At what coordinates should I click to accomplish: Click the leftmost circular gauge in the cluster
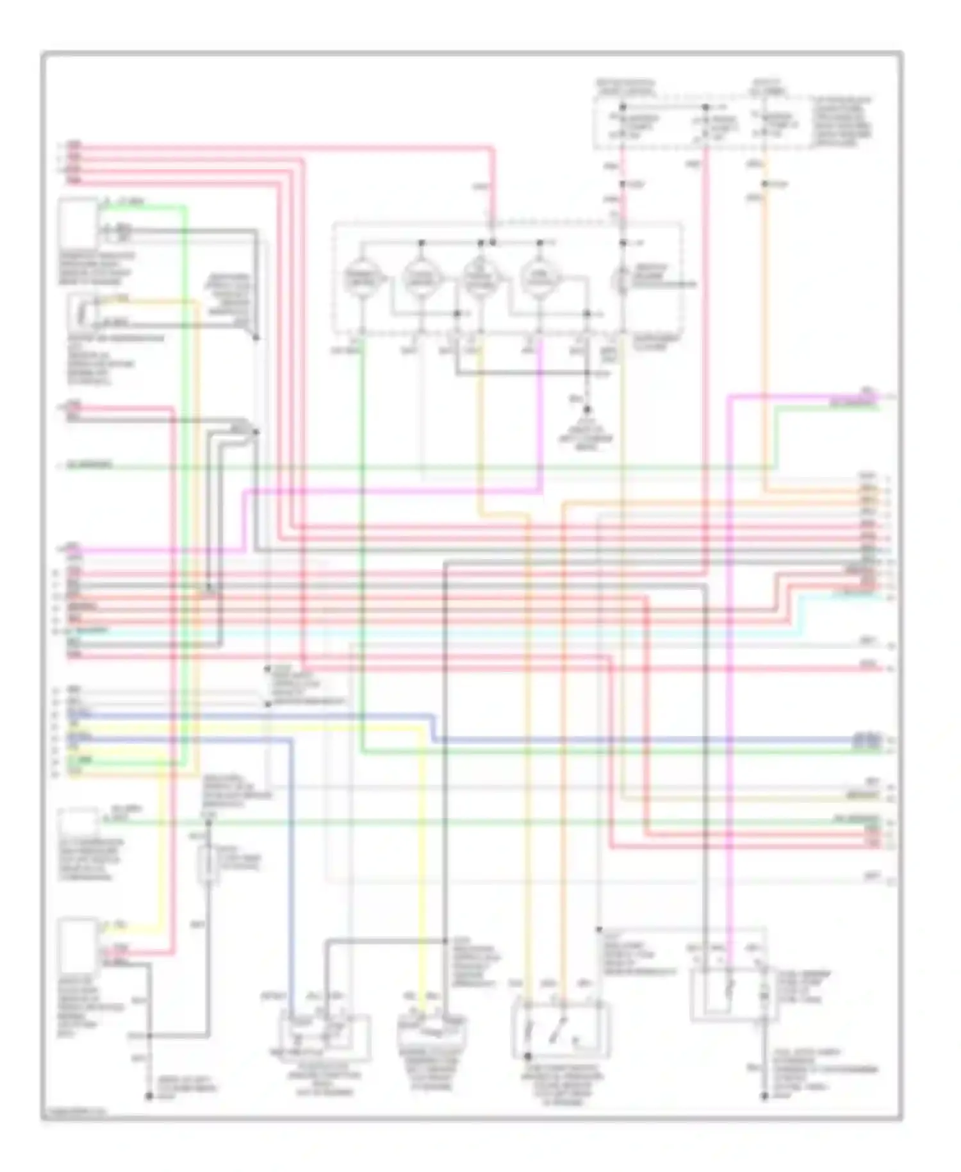361,279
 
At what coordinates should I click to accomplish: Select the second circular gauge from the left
420,279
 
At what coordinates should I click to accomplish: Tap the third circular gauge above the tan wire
479,279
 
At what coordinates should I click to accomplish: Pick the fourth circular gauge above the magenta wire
539,279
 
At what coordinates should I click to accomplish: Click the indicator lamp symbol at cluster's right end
622,280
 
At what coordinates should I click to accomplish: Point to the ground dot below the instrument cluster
587,408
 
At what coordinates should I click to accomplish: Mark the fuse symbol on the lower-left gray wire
207,864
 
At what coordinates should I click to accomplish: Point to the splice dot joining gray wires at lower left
149,1035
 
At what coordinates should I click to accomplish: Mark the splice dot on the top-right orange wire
764,185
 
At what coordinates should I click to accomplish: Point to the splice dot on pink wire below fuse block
622,185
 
